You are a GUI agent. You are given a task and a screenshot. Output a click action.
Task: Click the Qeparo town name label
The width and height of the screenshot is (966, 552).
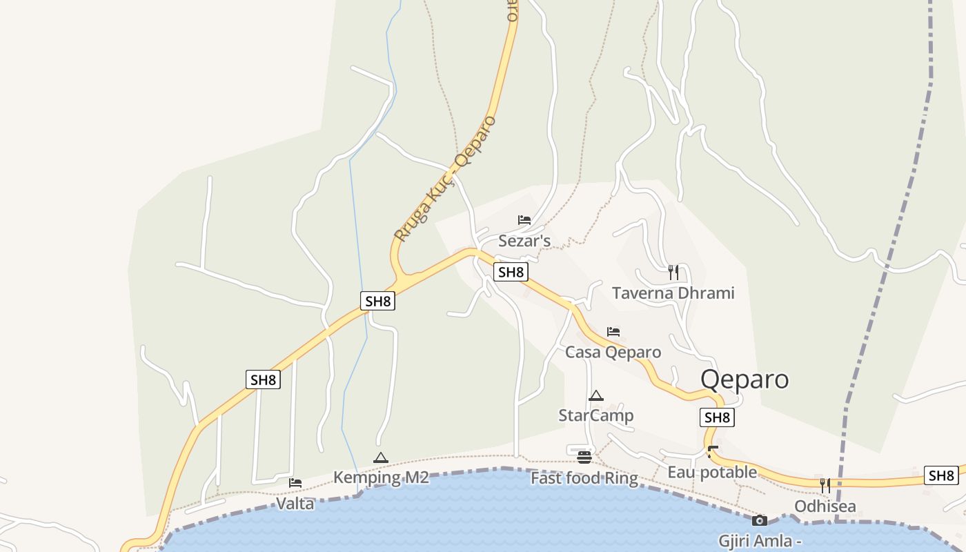tap(745, 379)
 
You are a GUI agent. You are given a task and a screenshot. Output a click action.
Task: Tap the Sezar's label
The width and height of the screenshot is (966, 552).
tap(524, 241)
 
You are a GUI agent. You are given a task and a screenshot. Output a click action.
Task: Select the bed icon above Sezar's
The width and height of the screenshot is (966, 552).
tap(524, 221)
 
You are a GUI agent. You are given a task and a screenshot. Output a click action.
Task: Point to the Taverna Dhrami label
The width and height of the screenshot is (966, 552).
tap(673, 293)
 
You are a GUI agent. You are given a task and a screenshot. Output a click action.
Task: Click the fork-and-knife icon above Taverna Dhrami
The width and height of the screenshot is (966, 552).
tap(673, 272)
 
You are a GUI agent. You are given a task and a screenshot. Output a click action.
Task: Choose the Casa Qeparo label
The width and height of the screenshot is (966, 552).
tap(613, 353)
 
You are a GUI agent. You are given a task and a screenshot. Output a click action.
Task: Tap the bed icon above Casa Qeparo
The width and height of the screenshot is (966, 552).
tap(613, 332)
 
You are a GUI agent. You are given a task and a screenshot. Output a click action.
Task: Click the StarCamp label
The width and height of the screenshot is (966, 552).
tap(596, 415)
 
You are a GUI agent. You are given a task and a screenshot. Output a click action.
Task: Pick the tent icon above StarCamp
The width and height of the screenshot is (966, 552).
tap(596, 396)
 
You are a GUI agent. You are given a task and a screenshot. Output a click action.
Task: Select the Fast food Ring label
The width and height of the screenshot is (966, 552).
tap(584, 478)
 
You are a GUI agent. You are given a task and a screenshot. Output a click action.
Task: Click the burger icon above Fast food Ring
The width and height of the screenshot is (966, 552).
tap(584, 457)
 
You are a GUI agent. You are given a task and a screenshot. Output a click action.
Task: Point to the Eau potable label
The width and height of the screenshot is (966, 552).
tap(712, 473)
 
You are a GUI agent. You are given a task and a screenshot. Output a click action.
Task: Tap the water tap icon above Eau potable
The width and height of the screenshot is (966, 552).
tap(713, 452)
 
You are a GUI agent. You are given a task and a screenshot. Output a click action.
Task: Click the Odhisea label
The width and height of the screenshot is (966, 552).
tap(825, 506)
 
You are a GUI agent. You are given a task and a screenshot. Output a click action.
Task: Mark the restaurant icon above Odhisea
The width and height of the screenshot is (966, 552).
tap(825, 485)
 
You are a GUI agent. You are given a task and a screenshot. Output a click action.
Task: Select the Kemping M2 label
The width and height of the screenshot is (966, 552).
tap(381, 477)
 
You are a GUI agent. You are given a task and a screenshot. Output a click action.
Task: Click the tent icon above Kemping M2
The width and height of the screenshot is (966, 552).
tap(381, 457)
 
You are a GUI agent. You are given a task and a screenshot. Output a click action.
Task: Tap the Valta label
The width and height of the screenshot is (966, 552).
tap(295, 504)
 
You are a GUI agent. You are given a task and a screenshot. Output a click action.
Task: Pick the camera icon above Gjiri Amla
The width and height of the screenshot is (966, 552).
tap(760, 520)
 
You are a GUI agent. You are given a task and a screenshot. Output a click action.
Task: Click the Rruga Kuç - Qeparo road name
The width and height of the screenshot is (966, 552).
tap(445, 178)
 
